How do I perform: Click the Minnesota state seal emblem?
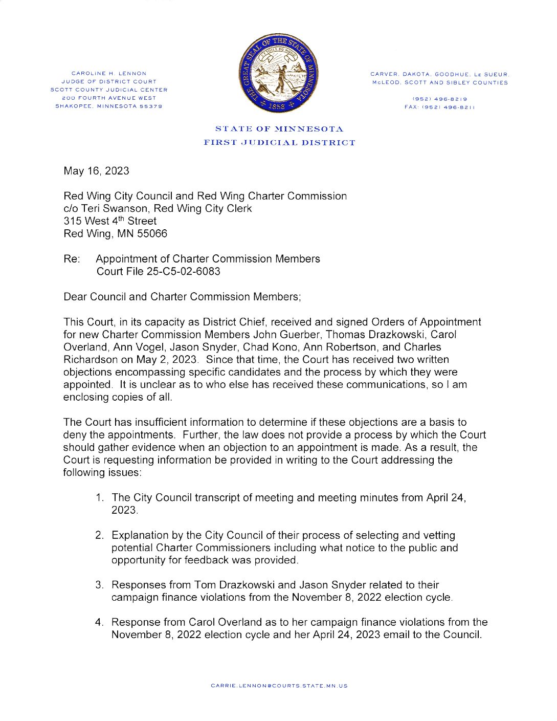[279, 74]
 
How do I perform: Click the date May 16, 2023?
[96, 171]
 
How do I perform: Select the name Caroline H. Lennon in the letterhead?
[109, 74]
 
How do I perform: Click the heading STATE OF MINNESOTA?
[279, 129]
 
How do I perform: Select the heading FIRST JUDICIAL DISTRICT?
[279, 143]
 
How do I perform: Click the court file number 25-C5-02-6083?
[184, 272]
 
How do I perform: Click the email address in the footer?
[279, 686]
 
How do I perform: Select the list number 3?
[99, 585]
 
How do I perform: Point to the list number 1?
[99, 498]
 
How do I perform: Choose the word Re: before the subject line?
[72, 259]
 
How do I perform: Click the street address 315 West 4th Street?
[110, 221]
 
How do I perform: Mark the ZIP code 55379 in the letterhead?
[151, 106]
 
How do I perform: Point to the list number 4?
[99, 623]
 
